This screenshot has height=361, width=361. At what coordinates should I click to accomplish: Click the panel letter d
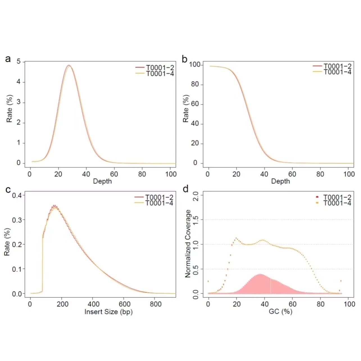185,189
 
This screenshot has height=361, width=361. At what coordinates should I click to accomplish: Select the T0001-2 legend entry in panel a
160,68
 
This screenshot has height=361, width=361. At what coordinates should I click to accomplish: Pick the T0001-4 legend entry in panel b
337,72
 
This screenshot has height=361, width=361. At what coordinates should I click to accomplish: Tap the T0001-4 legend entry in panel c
159,203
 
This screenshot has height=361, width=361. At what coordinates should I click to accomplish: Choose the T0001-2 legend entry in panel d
337,197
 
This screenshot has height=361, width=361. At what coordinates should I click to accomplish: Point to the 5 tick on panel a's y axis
19,62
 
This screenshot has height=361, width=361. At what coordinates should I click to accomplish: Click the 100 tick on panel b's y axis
195,65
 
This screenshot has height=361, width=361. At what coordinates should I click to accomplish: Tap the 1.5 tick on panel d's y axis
196,220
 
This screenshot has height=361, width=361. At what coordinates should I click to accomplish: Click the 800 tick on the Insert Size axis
156,304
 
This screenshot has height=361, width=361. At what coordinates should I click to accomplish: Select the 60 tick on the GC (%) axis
292,304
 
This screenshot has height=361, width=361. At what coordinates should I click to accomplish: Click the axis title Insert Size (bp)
108,312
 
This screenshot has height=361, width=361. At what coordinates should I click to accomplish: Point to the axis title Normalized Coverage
188,244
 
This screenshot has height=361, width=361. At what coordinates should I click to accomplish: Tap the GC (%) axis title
280,312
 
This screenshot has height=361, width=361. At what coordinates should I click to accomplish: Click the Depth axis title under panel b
280,181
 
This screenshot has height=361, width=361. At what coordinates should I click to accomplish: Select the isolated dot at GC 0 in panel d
208,281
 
